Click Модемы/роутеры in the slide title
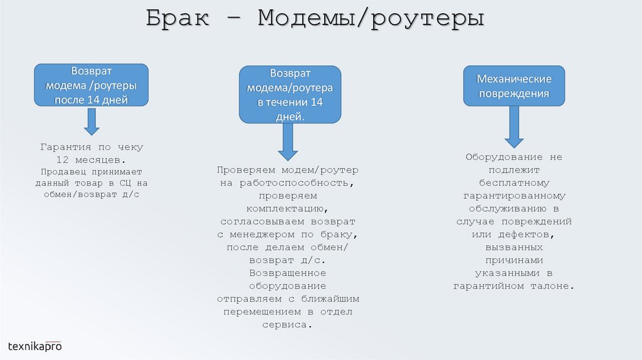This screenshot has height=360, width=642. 371,18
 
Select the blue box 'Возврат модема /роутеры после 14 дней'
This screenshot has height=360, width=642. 92,85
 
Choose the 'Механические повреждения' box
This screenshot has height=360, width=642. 514,86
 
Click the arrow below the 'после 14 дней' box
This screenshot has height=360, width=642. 92,121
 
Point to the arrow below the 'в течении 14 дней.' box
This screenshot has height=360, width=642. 288,141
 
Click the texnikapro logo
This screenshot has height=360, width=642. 35,346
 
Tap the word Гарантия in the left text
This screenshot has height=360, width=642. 63,147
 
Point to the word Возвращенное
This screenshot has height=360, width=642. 288,273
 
